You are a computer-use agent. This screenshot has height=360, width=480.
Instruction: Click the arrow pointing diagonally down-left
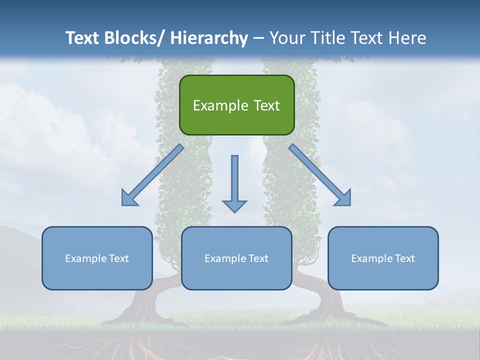coord(152,175)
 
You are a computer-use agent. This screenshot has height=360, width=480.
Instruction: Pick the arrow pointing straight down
coord(234,180)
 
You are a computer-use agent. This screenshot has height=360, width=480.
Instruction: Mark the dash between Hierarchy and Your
coord(258,38)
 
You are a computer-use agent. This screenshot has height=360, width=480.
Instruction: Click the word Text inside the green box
coord(266,105)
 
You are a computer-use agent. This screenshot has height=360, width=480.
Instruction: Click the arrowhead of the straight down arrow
coord(234,206)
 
